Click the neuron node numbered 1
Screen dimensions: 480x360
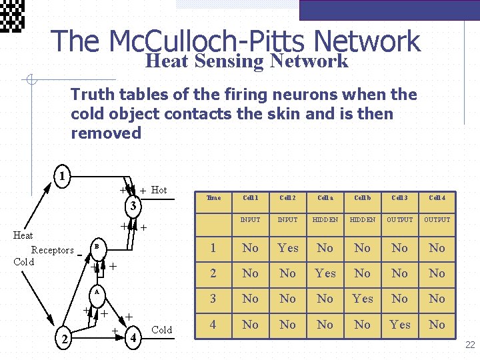(x=61, y=177)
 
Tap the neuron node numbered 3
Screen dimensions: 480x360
(x=133, y=205)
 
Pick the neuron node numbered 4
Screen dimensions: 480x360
(x=134, y=337)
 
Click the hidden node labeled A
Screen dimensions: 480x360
(x=96, y=292)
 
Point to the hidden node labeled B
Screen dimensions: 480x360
(x=96, y=247)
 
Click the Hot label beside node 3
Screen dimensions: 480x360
(x=159, y=190)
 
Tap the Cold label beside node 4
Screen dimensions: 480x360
(x=162, y=330)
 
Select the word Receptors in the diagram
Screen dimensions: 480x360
(x=53, y=251)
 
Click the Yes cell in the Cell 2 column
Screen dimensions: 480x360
(x=288, y=248)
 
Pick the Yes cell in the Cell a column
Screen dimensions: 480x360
(x=325, y=273)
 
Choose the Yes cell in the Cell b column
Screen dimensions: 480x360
(x=363, y=299)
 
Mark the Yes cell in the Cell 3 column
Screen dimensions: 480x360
(x=400, y=325)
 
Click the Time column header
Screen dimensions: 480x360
(x=213, y=198)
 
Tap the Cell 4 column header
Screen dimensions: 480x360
(x=437, y=198)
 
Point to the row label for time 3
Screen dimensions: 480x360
(x=213, y=299)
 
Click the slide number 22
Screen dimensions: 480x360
(x=470, y=345)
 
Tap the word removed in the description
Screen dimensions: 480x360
(x=106, y=133)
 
